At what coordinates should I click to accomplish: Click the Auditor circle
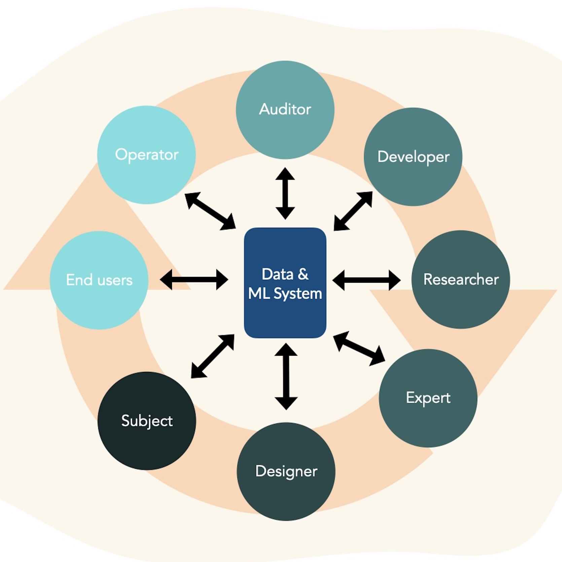tap(285, 110)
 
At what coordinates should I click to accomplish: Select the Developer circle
tap(413, 157)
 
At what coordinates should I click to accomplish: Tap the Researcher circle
tap(461, 279)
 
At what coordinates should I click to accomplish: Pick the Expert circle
tap(428, 398)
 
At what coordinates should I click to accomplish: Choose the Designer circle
tap(286, 471)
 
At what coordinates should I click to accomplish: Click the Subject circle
tap(147, 421)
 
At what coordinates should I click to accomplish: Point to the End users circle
tap(99, 280)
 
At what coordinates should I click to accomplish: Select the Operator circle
tap(146, 155)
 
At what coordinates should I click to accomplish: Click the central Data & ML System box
tap(285, 283)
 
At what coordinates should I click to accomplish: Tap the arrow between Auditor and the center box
tap(285, 194)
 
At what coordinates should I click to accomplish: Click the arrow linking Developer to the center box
tap(353, 211)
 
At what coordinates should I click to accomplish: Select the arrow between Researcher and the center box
tap(366, 280)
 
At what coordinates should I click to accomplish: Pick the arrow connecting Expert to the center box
tap(359, 348)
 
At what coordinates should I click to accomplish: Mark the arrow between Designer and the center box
tap(286, 376)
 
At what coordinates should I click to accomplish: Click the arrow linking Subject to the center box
tap(213, 356)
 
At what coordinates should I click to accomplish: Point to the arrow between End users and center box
tap(194, 279)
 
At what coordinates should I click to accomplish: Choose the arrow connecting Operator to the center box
tap(210, 211)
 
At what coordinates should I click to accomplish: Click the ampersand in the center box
tap(303, 274)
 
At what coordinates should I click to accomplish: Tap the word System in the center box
tap(297, 294)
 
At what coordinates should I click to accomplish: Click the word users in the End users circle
tap(115, 280)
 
